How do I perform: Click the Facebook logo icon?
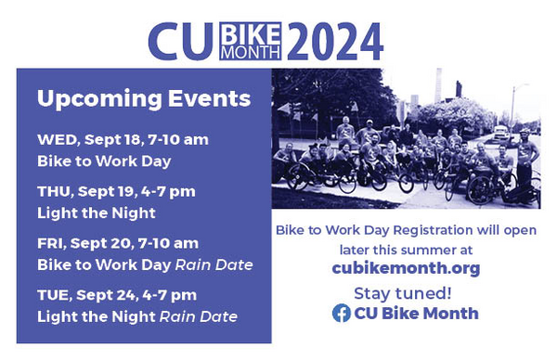coord(342,313)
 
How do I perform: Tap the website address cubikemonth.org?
coord(406,268)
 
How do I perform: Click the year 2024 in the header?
coord(335,41)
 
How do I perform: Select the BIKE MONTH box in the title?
coord(251,41)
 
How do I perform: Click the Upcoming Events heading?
coord(144,99)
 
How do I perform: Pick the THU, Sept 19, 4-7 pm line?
coord(116,192)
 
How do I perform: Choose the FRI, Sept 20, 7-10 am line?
coord(118,243)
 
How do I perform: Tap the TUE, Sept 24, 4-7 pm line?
coord(117,295)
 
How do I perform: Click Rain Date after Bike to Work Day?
coord(214,264)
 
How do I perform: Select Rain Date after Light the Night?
coord(199,316)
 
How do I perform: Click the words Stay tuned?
coord(403,293)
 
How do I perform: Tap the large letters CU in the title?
coord(181,42)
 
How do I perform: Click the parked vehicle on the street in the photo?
coord(500,133)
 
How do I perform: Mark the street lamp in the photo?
coord(513,106)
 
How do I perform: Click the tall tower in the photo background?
coord(439,85)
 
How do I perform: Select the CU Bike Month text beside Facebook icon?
coord(416,314)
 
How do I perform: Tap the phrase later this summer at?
coord(406,250)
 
